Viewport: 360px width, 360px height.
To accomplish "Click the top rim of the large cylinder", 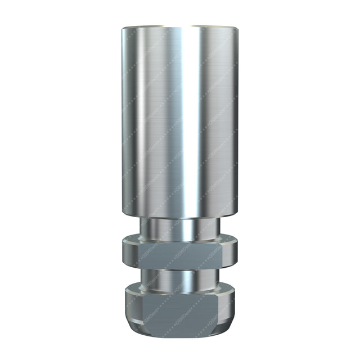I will tap(180, 25).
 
